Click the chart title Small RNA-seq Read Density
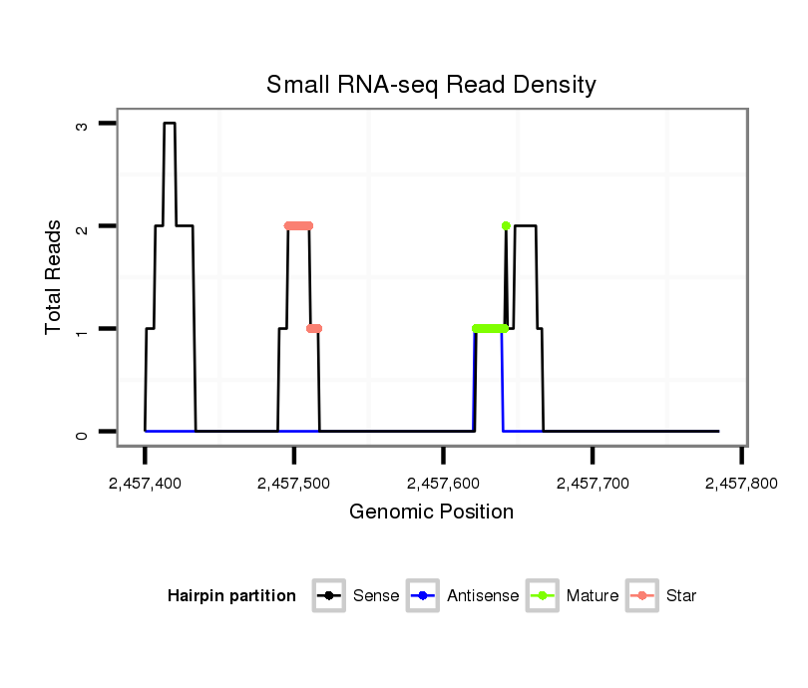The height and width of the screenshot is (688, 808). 431,85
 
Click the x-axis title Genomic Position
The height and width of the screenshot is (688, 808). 431,513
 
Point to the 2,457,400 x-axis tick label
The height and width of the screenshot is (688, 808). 145,484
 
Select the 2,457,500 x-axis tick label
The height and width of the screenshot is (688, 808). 294,484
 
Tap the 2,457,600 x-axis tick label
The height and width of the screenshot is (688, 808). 443,484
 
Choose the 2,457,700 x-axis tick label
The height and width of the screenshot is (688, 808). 593,484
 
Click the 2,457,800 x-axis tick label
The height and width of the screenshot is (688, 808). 741,484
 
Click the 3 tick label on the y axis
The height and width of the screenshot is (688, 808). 82,124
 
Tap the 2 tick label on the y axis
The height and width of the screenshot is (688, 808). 82,226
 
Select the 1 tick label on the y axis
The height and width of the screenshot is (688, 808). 82,329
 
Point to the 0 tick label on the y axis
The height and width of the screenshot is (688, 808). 82,432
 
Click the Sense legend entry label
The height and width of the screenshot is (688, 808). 376,596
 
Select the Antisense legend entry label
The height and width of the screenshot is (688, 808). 483,596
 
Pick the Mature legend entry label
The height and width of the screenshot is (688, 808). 593,596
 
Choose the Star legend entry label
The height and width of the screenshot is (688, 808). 681,596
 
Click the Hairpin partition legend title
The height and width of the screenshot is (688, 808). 232,596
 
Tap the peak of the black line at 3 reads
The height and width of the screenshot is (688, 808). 170,124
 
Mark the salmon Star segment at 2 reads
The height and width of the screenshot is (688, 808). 298,225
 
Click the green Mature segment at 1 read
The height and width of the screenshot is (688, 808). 489,328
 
